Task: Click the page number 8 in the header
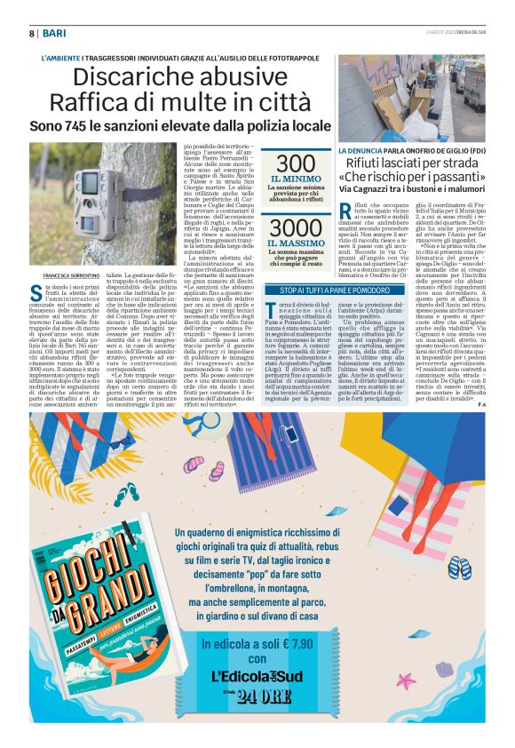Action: pyautogui.click(x=30, y=32)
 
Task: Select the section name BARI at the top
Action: pyautogui.click(x=56, y=32)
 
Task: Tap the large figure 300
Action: pyautogui.click(x=296, y=163)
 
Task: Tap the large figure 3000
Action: pyautogui.click(x=296, y=227)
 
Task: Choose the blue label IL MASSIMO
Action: pyautogui.click(x=296, y=243)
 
